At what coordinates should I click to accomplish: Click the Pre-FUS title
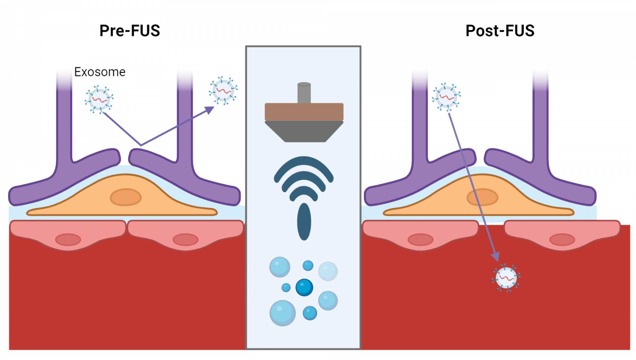point(130,31)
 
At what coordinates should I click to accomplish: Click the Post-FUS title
point(500,31)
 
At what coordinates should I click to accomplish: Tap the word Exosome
point(100,72)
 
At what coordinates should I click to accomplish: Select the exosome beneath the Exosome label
point(99,99)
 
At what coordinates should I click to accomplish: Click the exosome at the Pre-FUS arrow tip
point(223,90)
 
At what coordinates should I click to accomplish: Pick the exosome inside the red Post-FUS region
point(506,278)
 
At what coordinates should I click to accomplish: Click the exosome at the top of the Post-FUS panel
point(446,97)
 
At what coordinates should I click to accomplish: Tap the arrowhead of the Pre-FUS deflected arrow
point(211,109)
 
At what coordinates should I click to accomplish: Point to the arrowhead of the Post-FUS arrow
point(496,256)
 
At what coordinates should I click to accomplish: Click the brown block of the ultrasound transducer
point(304,112)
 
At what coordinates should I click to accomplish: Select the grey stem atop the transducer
point(304,93)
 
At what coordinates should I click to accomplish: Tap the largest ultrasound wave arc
point(303,164)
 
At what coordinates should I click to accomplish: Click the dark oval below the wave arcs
point(304,221)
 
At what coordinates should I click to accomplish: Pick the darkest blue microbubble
point(304,287)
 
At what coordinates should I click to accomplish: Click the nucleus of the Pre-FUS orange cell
point(126,197)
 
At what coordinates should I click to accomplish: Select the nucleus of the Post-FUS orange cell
point(482,197)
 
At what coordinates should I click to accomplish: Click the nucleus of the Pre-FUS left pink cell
point(68,239)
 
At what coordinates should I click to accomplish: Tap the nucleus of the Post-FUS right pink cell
point(562,239)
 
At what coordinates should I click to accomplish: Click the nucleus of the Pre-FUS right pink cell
point(185,239)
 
